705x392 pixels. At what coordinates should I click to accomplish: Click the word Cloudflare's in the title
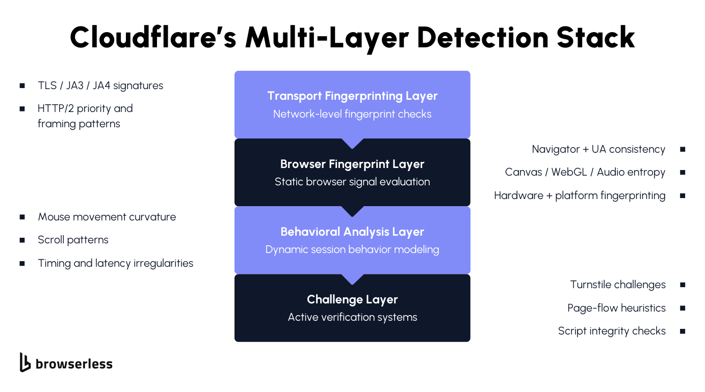152,37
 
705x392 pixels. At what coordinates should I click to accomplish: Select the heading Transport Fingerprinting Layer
352,96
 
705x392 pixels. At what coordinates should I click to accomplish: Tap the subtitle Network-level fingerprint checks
352,114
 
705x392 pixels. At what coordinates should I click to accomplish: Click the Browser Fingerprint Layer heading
352,164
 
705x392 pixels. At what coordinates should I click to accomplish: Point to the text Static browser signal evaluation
352,182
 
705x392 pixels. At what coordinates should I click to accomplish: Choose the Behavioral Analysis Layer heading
352,232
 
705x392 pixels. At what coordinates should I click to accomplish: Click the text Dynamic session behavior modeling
352,249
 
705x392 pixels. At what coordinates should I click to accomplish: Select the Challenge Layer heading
352,299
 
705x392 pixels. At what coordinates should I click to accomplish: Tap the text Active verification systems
352,317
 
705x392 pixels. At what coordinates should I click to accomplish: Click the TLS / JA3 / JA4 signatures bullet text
100,86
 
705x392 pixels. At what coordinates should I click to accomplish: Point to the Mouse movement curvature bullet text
107,217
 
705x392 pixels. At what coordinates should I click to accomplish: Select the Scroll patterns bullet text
73,240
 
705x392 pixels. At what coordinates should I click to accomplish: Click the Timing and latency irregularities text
115,263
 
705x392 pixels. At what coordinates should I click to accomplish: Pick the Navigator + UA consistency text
598,149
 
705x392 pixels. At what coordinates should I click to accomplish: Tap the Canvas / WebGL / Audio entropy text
585,172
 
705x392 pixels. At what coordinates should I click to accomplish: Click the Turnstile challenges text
618,285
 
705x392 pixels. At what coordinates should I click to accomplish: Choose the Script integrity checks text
612,331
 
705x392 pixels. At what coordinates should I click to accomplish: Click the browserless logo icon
25,362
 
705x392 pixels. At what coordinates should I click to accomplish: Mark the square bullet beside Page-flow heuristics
683,308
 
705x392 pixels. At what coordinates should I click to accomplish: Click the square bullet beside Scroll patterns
22,240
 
